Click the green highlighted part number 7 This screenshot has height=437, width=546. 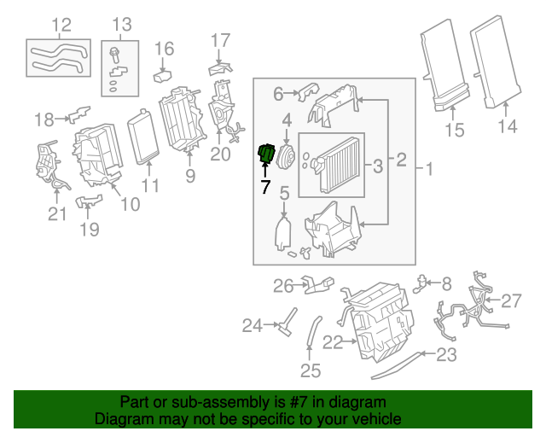tap(266, 154)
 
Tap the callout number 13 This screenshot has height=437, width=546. tap(122, 25)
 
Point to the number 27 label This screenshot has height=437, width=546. tap(510, 300)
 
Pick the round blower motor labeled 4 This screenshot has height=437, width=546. tap(286, 157)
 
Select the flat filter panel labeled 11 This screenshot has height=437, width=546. tap(143, 137)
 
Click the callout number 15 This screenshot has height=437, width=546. tap(455, 130)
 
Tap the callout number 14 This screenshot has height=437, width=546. tap(508, 127)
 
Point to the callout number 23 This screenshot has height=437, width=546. tap(448, 354)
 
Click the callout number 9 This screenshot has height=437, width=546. tap(189, 176)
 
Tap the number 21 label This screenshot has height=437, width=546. tap(56, 213)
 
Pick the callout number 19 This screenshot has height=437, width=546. tap(90, 229)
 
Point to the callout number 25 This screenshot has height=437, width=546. tap(311, 370)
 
